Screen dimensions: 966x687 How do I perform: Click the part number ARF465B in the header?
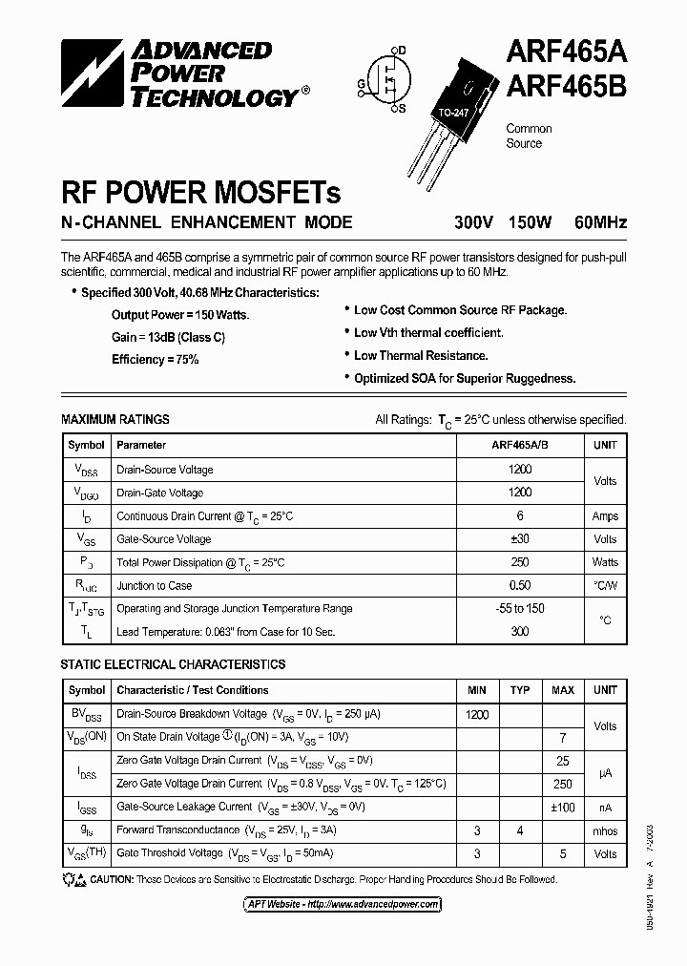click(565, 87)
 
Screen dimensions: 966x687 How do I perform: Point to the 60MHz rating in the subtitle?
click(600, 222)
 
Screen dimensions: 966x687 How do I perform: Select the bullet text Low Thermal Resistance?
click(421, 355)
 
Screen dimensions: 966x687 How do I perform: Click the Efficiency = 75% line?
click(155, 359)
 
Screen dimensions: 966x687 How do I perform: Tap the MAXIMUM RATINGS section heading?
click(115, 419)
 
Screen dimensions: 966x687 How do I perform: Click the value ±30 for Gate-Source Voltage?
click(520, 538)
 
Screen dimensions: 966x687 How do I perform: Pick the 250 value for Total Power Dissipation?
click(520, 562)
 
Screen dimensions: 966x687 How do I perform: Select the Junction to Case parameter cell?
click(154, 585)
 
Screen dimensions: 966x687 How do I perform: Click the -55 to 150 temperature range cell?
click(520, 608)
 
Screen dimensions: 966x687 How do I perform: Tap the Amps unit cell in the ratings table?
click(605, 515)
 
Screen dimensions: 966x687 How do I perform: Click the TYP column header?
click(520, 690)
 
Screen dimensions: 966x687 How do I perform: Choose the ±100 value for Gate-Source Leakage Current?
click(563, 807)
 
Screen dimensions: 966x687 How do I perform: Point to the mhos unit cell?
click(605, 830)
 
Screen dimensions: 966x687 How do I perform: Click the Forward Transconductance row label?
click(177, 830)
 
